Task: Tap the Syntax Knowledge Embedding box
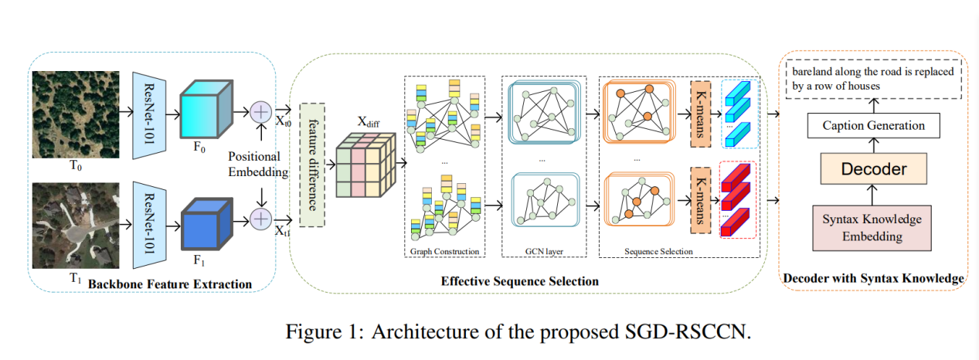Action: [x=872, y=228]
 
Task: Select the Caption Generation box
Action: [x=873, y=125]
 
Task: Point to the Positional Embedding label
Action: [x=259, y=163]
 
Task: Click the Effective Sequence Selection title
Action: [x=519, y=281]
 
